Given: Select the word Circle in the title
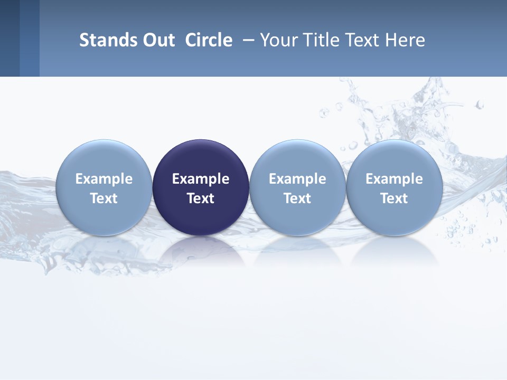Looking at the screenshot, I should click(x=209, y=40).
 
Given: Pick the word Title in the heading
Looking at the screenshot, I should click(x=321, y=40).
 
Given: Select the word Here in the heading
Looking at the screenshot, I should click(x=405, y=40).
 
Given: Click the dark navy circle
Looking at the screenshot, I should click(x=201, y=158).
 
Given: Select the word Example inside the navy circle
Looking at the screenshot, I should click(x=201, y=179).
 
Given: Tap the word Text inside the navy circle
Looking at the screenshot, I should click(x=201, y=198).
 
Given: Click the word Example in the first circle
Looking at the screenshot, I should click(x=104, y=179).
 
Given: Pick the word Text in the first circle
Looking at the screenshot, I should click(x=104, y=198).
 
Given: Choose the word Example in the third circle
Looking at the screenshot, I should click(x=297, y=179).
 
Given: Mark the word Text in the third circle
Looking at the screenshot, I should click(x=297, y=198).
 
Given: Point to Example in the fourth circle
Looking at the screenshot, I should click(x=394, y=179).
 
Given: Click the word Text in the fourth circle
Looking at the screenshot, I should click(x=394, y=198).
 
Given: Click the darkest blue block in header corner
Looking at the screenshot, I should click(x=10, y=38).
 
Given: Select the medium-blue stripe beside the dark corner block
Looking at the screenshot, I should click(x=30, y=38).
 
